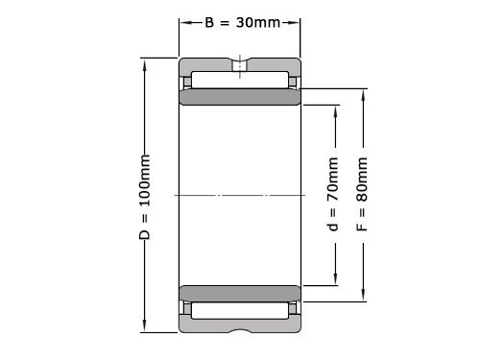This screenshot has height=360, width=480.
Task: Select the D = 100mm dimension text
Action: tap(145, 196)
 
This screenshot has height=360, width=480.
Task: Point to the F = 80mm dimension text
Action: tap(362, 196)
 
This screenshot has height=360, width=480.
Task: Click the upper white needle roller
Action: tap(239, 79)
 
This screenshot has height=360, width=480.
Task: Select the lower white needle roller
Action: tap(239, 310)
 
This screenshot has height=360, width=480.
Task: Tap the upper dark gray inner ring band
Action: tap(239, 98)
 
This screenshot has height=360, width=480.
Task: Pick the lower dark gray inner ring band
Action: tap(239, 292)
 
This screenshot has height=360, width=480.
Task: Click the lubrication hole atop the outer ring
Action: tap(239, 65)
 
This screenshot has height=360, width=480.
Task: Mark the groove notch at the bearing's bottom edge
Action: tap(239, 330)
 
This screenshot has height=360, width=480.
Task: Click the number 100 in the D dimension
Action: tap(145, 190)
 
